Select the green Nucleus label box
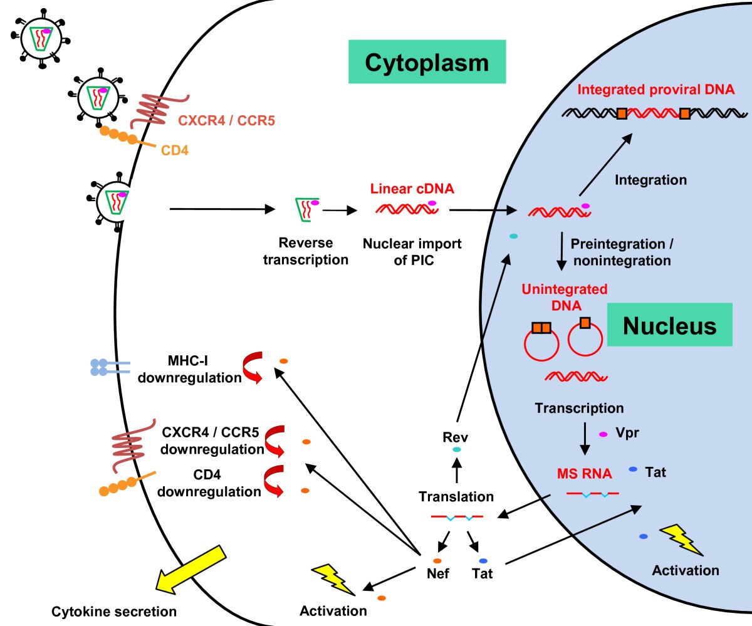[x=669, y=325]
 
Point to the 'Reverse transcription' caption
[x=306, y=251]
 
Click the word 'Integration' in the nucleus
[x=650, y=180]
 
